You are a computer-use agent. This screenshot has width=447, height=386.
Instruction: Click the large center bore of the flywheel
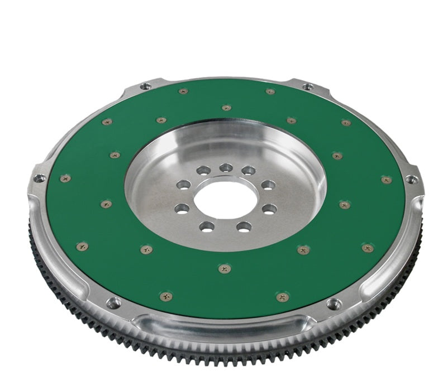coord(226,200)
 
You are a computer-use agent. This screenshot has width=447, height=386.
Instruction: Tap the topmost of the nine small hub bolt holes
coord(226,167)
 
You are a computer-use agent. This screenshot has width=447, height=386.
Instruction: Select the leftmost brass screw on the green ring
coord(65,178)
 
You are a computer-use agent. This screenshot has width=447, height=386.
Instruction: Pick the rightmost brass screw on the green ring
coord(386,180)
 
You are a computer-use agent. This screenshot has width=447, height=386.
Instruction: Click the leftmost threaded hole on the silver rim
coord(39,178)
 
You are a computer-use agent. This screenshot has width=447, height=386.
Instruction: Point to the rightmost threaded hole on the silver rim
coord(412,180)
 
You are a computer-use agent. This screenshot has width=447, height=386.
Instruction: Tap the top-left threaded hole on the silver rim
coord(145,86)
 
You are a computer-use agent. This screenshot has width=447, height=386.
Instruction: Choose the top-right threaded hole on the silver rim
coord(307,86)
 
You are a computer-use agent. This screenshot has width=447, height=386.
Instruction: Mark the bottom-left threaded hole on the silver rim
coord(113,303)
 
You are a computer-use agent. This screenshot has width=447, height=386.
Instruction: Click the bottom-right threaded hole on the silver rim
coord(334,305)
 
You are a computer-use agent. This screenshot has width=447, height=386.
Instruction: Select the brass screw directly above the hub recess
coord(226,108)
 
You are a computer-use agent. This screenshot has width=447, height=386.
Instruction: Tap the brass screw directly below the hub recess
coord(225,269)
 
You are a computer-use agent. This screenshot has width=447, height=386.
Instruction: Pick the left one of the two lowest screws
coord(166,296)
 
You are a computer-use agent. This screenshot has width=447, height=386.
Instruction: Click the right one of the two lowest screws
coord(283,297)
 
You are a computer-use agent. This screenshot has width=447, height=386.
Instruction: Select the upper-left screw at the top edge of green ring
coord(183,91)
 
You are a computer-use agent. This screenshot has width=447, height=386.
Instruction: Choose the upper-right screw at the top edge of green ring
coord(270,91)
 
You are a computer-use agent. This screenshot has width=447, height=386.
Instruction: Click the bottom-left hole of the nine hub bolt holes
coord(207,226)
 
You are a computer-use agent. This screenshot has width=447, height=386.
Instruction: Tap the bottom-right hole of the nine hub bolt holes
coord(244,226)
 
